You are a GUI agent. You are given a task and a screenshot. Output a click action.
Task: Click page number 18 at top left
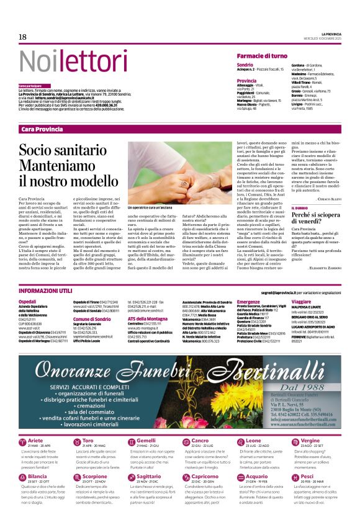click(22, 37)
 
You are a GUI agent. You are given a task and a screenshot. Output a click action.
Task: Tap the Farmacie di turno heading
click(262, 56)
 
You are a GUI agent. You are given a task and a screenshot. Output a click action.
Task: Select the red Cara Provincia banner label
click(42, 128)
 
